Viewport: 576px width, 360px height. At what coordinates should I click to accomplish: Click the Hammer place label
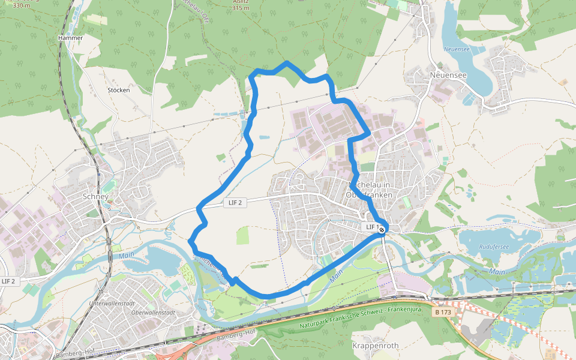(x=70, y=37)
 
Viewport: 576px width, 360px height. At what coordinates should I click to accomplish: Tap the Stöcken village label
(x=118, y=90)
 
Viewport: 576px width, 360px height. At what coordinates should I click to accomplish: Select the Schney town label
(x=95, y=196)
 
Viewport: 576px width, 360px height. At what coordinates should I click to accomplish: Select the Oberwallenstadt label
(x=152, y=312)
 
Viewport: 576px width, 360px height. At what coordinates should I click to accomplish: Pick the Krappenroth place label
(x=375, y=346)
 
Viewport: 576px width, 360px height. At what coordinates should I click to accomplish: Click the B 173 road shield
(x=443, y=312)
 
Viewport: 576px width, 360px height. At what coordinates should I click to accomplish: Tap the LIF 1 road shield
(x=372, y=227)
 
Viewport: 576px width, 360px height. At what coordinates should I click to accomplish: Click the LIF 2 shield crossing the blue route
(x=235, y=202)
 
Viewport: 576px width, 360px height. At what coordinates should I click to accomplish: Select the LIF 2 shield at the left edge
(x=8, y=281)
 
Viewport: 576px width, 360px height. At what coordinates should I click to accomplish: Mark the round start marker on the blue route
(x=382, y=229)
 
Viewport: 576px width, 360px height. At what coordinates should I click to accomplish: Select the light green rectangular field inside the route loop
(x=242, y=236)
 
